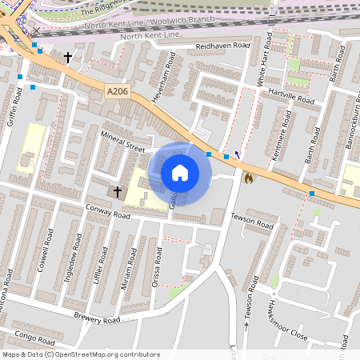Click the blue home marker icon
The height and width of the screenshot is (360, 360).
tap(180, 172)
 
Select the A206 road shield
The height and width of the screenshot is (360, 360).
tap(117, 93)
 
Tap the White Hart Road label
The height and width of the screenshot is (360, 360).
tap(262, 65)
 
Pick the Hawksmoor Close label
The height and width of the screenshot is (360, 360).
tap(286, 314)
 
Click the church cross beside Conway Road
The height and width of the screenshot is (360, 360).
tap(118, 192)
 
